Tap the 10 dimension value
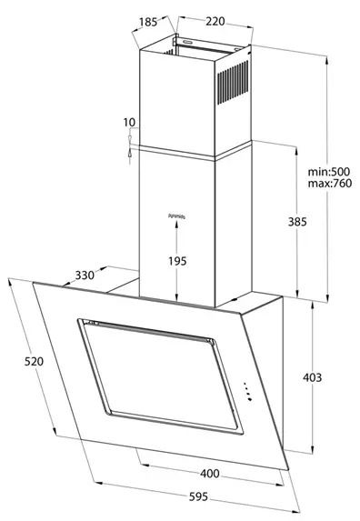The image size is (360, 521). (x=130, y=122)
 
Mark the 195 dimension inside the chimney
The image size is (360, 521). (x=177, y=261)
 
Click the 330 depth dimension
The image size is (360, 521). (x=85, y=276)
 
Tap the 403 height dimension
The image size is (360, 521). (x=311, y=377)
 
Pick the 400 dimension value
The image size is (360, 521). (x=210, y=474)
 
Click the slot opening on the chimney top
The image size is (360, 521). (x=192, y=42)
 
